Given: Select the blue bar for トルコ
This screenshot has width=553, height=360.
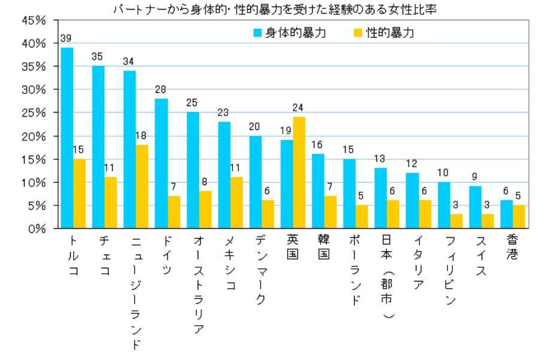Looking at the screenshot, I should [67, 138].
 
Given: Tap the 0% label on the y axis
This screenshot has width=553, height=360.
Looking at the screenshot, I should [38, 228].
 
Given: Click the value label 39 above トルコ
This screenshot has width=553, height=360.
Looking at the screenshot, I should [67, 38].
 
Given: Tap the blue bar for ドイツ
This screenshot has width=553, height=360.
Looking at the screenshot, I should [162, 164].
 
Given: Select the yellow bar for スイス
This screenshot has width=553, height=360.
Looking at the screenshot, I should [487, 221].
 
